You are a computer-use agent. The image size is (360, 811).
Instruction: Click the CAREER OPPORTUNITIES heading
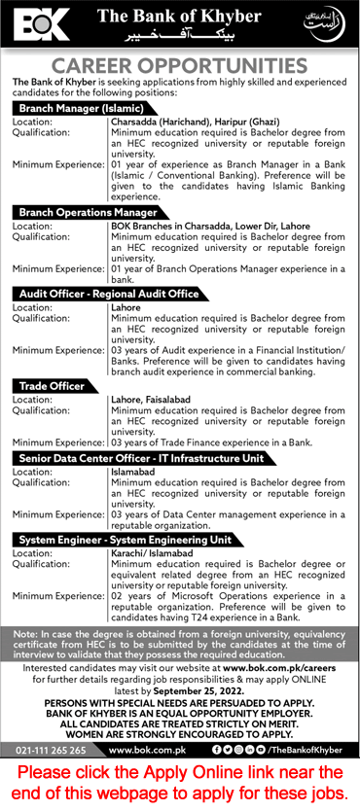pos(180,66)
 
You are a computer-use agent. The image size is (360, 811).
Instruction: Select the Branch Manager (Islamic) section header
pos(81,108)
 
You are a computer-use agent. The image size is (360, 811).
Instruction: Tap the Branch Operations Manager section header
pos(88,211)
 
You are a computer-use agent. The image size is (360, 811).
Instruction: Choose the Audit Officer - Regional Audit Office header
pos(109,293)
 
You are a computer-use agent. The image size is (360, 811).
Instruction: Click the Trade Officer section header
pos(52,386)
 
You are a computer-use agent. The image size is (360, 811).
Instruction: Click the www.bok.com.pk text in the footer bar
pos(142,751)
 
